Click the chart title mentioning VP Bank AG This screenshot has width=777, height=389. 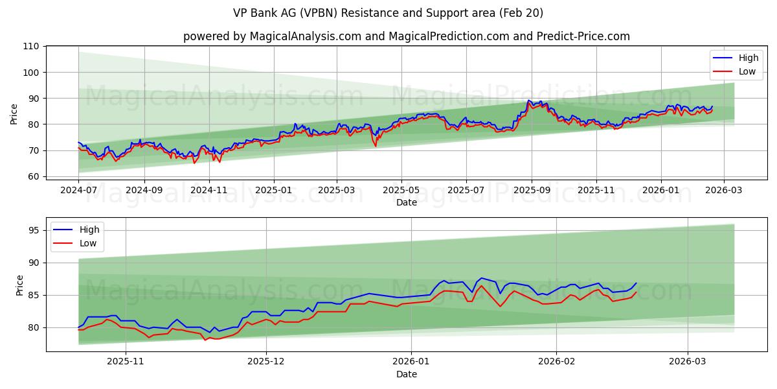pyautogui.click(x=388, y=13)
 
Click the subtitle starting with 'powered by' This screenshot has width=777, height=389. pyautogui.click(x=406, y=36)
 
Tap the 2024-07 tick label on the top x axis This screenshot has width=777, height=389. pyautogui.click(x=78, y=191)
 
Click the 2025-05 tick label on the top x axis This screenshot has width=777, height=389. pyautogui.click(x=401, y=191)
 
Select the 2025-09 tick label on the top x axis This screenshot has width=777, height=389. pyautogui.click(x=532, y=191)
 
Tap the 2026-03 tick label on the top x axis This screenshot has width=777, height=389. pyautogui.click(x=723, y=191)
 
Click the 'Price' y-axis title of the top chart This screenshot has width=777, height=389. pyautogui.click(x=14, y=113)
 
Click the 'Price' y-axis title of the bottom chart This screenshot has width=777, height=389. pyautogui.click(x=20, y=285)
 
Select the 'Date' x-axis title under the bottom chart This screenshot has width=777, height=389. pyautogui.click(x=406, y=374)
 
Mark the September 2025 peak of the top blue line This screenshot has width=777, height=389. pyautogui.click(x=528, y=100)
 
